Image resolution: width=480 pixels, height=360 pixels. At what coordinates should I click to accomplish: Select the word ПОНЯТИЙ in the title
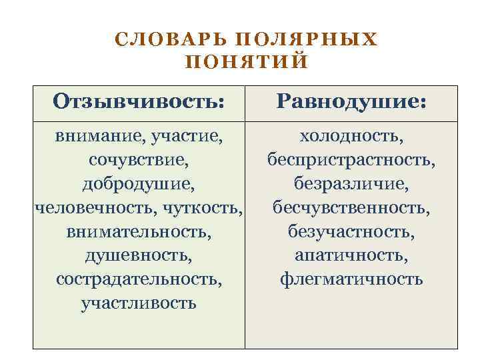(x=245, y=62)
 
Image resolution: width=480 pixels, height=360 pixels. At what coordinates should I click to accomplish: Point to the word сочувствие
(x=139, y=160)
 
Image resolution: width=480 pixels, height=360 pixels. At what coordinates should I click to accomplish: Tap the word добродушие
(x=139, y=183)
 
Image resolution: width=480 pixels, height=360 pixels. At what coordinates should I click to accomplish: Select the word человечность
(x=93, y=207)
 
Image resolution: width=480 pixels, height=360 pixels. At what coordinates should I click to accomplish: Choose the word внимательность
(x=139, y=231)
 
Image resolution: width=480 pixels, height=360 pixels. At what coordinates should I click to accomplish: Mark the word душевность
(x=139, y=255)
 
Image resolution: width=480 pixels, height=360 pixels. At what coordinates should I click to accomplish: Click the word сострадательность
(x=139, y=278)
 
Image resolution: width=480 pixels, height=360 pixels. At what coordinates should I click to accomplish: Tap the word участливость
(x=139, y=302)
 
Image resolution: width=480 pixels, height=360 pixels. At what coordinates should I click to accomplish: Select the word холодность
(x=351, y=137)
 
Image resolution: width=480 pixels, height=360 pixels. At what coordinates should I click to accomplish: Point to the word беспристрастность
(x=351, y=160)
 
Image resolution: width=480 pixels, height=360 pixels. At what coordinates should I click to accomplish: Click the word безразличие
(x=351, y=183)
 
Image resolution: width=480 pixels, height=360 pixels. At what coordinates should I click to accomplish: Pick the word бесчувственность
(x=351, y=207)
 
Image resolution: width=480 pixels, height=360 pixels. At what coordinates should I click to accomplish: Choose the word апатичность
(x=351, y=255)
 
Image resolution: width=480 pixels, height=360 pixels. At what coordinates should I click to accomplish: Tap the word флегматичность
(x=351, y=278)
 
